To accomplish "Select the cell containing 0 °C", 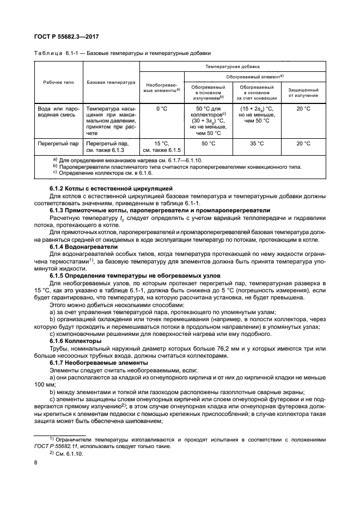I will tap(161, 109).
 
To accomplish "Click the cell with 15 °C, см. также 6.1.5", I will tap(161, 146).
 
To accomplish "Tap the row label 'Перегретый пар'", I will tap(58, 144).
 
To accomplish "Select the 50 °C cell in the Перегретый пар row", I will tap(208, 144).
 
